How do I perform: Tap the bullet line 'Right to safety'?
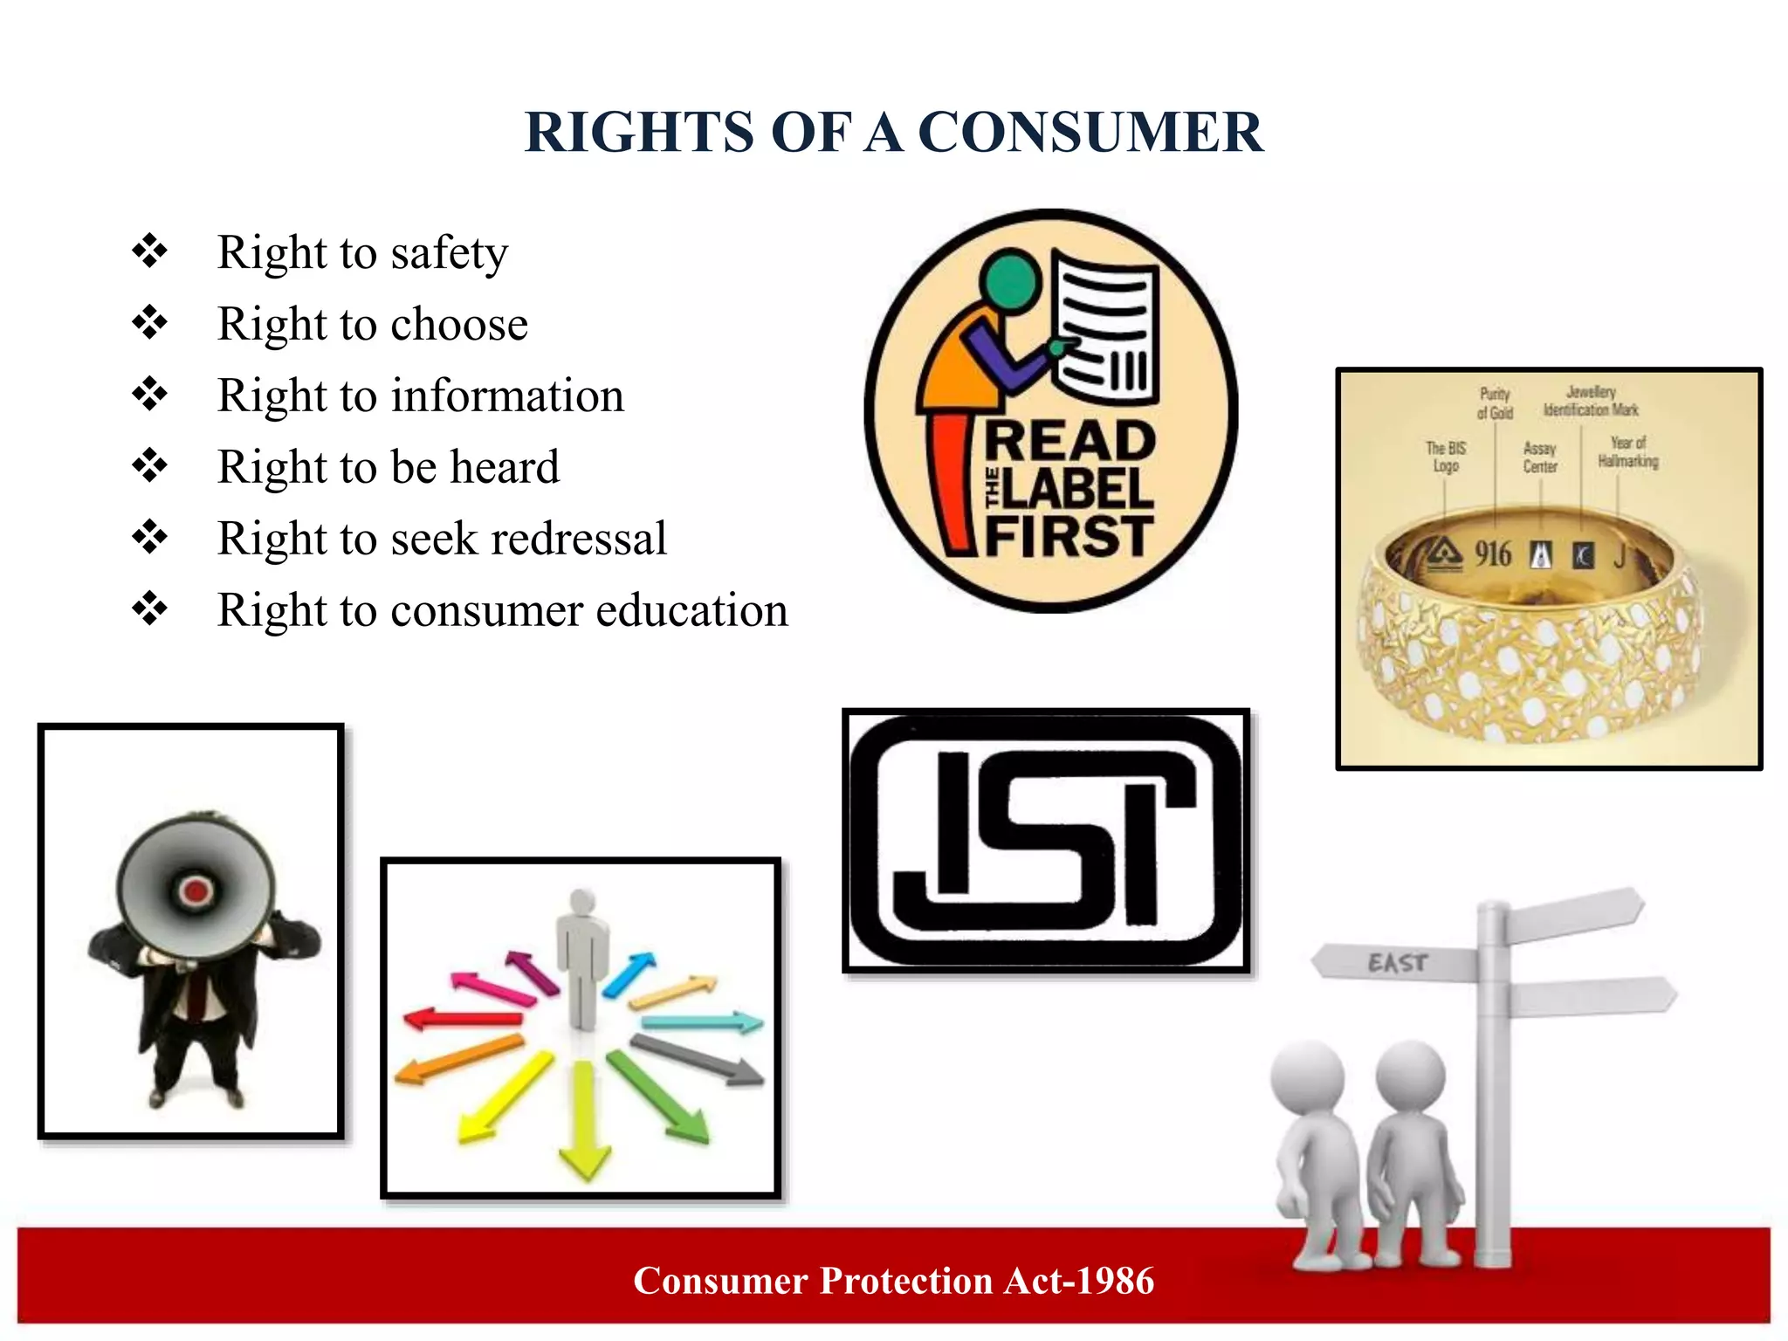[361, 253]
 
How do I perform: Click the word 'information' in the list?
[507, 395]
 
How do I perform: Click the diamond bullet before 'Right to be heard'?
[150, 465]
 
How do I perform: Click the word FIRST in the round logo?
[1069, 535]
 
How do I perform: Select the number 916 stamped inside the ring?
[1493, 554]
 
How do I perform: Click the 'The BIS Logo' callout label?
[1446, 457]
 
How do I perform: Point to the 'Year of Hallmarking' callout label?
[1628, 452]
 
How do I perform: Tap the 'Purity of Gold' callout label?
[1495, 403]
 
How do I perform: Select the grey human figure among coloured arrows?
[582, 956]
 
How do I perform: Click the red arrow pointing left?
[463, 1018]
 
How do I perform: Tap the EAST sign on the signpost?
[1397, 963]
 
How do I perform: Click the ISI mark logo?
[1046, 840]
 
